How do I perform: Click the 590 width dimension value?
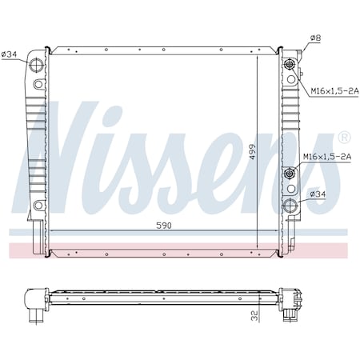162,226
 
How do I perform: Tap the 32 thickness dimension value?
252,316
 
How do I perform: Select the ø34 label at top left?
10,54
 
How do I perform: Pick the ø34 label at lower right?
318,194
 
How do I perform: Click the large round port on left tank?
37,64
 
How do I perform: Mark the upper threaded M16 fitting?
289,66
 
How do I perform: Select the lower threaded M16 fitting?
289,174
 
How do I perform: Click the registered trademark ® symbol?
343,137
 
